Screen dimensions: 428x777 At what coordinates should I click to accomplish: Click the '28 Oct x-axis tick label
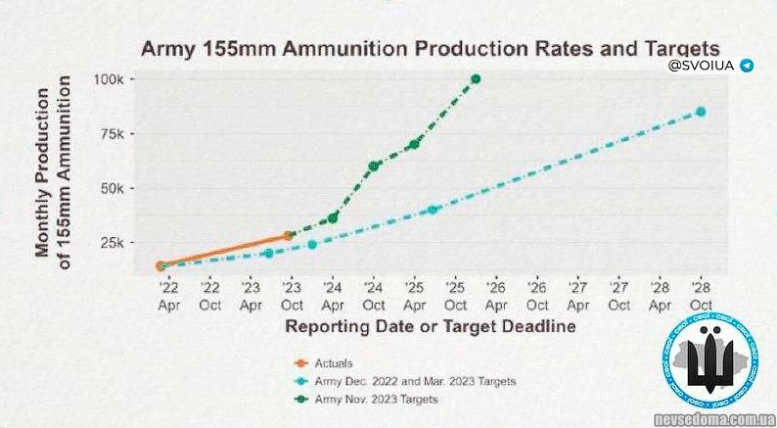tap(701, 295)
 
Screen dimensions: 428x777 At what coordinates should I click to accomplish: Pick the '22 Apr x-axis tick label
tap(168, 295)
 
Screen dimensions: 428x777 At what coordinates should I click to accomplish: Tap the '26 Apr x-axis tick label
tap(496, 295)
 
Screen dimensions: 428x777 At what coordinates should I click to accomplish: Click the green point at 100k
tap(476, 78)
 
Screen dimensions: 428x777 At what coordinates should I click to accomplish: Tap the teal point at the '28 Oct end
tap(701, 112)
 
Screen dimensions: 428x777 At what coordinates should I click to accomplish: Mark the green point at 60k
tap(374, 166)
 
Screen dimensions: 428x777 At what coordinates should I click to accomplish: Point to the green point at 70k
tap(415, 144)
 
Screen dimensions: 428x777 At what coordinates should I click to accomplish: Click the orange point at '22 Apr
tap(160, 265)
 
